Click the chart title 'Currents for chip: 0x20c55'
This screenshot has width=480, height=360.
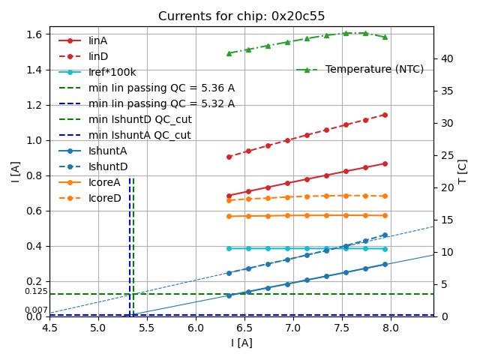tap(241, 16)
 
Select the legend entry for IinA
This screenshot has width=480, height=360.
tap(97, 40)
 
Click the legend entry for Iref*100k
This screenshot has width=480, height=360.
tap(112, 72)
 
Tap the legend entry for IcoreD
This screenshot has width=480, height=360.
tap(104, 198)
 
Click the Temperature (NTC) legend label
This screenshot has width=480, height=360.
tap(374, 69)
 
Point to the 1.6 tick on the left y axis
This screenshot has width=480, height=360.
tap(33, 34)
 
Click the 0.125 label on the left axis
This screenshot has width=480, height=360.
tap(35, 291)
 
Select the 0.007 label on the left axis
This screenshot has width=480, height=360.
tap(35, 310)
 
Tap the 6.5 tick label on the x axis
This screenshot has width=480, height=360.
tap(244, 328)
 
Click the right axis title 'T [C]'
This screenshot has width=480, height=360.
tap(463, 171)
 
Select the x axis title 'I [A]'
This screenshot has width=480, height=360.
tap(241, 343)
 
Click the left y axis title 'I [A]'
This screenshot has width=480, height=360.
tap(15, 171)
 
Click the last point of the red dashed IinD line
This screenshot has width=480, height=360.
tap(385, 115)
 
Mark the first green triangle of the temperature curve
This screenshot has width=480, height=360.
tap(229, 53)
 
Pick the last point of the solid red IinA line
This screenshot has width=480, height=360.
tap(385, 163)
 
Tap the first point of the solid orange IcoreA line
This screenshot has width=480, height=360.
tap(229, 216)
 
